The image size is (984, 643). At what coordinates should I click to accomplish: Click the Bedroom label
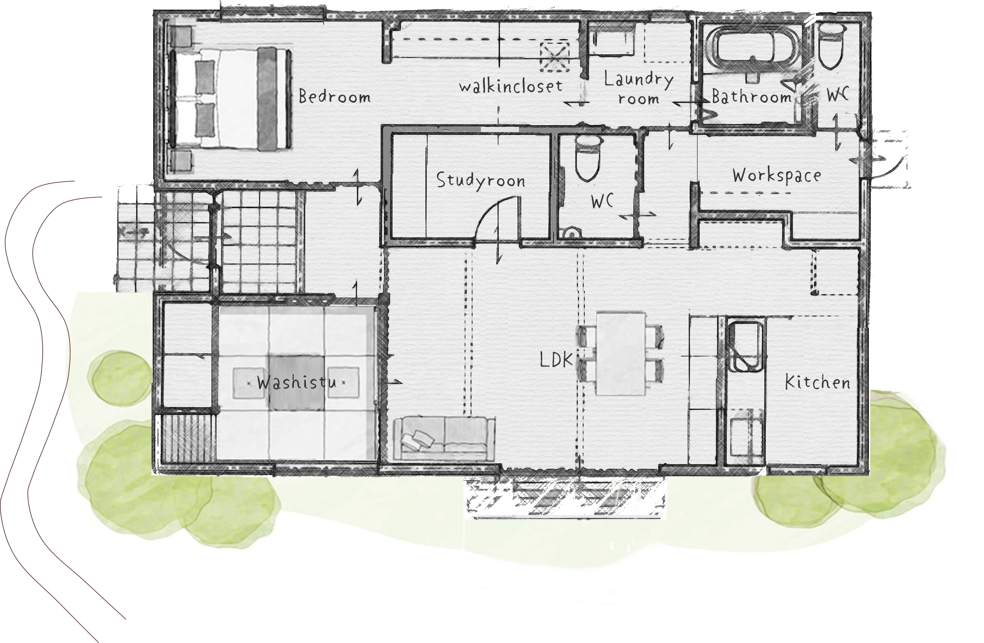point(335,97)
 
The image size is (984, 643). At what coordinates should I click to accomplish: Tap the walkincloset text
point(511,86)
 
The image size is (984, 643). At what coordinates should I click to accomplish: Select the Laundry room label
point(639,89)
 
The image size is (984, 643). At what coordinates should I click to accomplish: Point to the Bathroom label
point(751,97)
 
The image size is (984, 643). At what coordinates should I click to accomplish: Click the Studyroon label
point(481,180)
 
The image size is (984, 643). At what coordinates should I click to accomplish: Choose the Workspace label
point(777,176)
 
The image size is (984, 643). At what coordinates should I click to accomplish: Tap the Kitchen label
point(818,382)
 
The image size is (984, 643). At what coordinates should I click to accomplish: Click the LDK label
point(556,361)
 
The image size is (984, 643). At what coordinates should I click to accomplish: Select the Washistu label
point(296,382)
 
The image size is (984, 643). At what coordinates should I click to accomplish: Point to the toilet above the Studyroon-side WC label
point(588,157)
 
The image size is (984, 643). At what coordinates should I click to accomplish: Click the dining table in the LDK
point(621,354)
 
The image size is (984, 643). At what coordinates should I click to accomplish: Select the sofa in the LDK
point(444,437)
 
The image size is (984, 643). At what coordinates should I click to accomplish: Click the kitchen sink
point(746,347)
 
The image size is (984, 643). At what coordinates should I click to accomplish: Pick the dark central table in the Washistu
point(296,383)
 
